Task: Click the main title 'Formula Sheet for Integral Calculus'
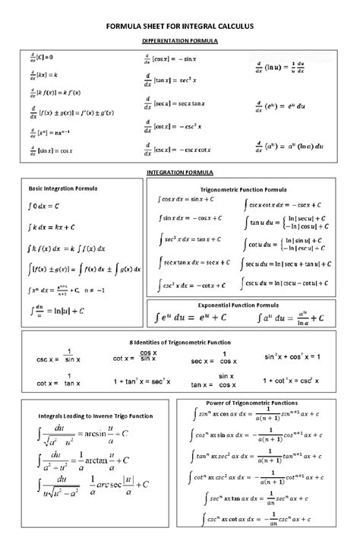180,26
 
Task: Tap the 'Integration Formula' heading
180,172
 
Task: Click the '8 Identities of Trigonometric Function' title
179,343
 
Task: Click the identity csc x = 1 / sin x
58,356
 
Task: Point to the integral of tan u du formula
286,223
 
